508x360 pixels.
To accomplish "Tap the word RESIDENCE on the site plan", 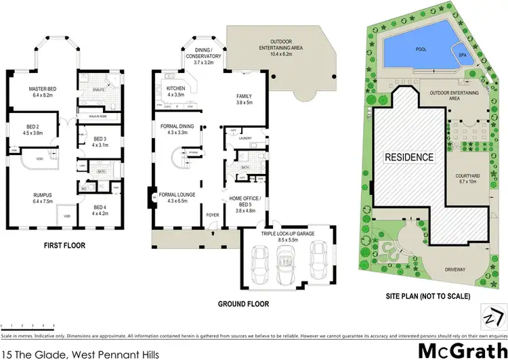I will pyautogui.click(x=409, y=157).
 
